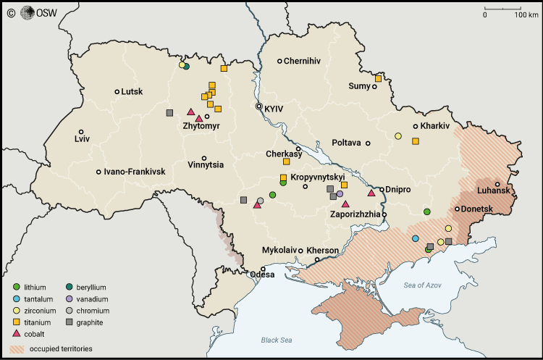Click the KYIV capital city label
click(274, 109)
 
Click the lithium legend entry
click(33, 288)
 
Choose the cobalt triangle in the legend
click(17, 334)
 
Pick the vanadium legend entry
click(91, 299)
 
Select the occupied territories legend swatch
click(17, 349)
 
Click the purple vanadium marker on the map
click(340, 194)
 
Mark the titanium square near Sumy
click(379, 78)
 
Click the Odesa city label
click(263, 275)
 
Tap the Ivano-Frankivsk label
click(135, 172)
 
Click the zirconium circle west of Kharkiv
click(398, 135)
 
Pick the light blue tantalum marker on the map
click(415, 238)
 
